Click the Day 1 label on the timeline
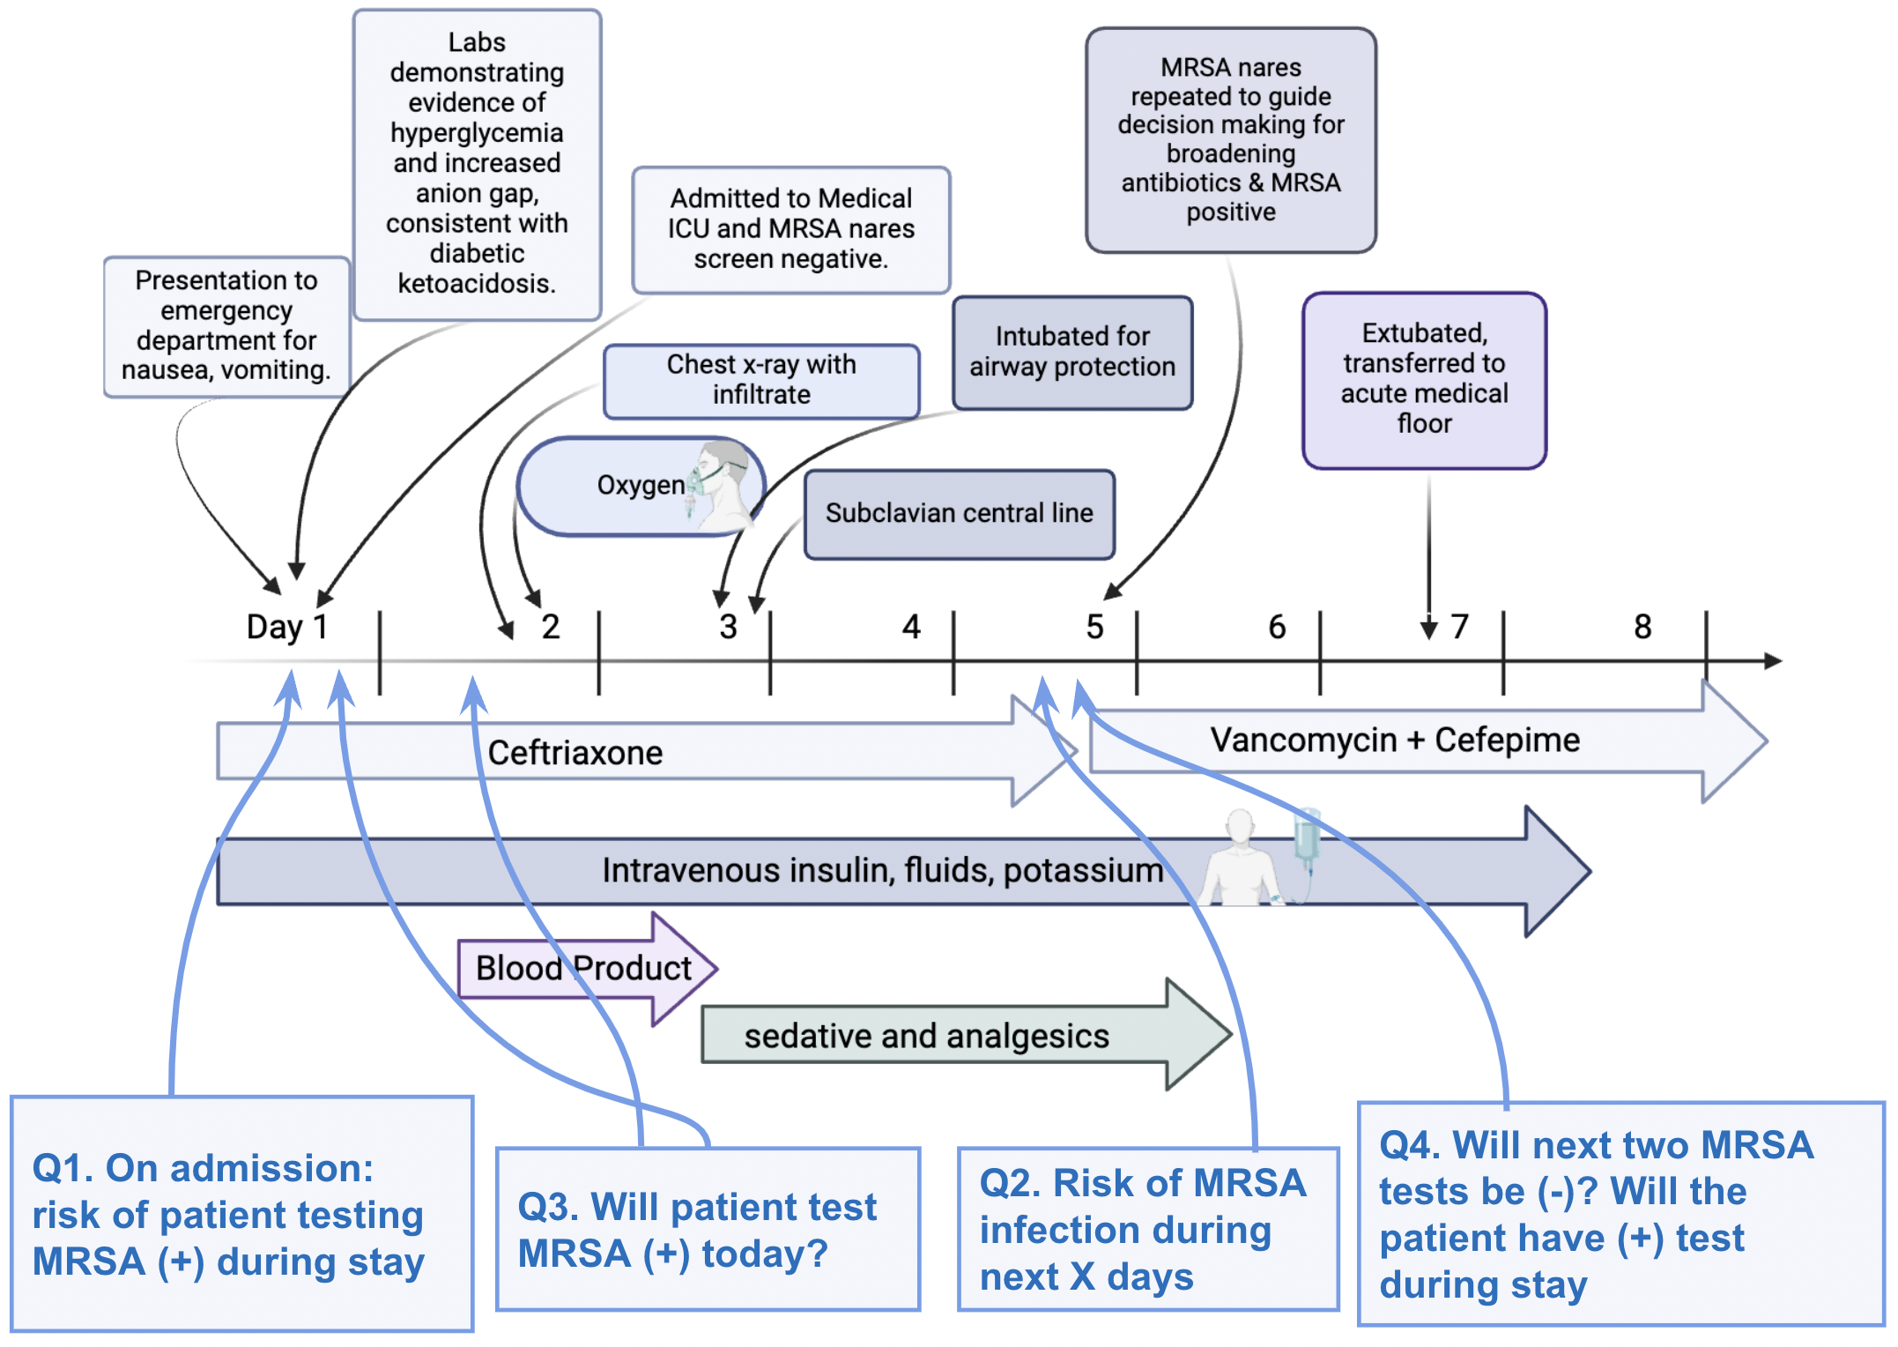286,627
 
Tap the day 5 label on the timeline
1094,627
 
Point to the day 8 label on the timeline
1642,627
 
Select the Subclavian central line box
959,514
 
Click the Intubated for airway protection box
1071,352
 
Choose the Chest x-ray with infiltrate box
761,380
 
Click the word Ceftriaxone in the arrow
575,753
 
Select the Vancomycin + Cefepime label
1394,740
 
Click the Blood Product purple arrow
583,968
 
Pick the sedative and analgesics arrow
925,1036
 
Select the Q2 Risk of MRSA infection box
1147,1229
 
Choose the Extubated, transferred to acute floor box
1424,379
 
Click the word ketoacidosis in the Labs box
476,284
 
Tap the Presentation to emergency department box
226,325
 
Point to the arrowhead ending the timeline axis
1773,661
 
